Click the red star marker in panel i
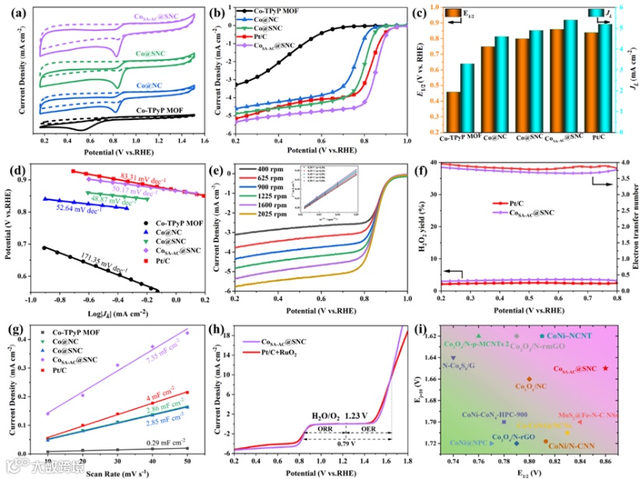point(606,368)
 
